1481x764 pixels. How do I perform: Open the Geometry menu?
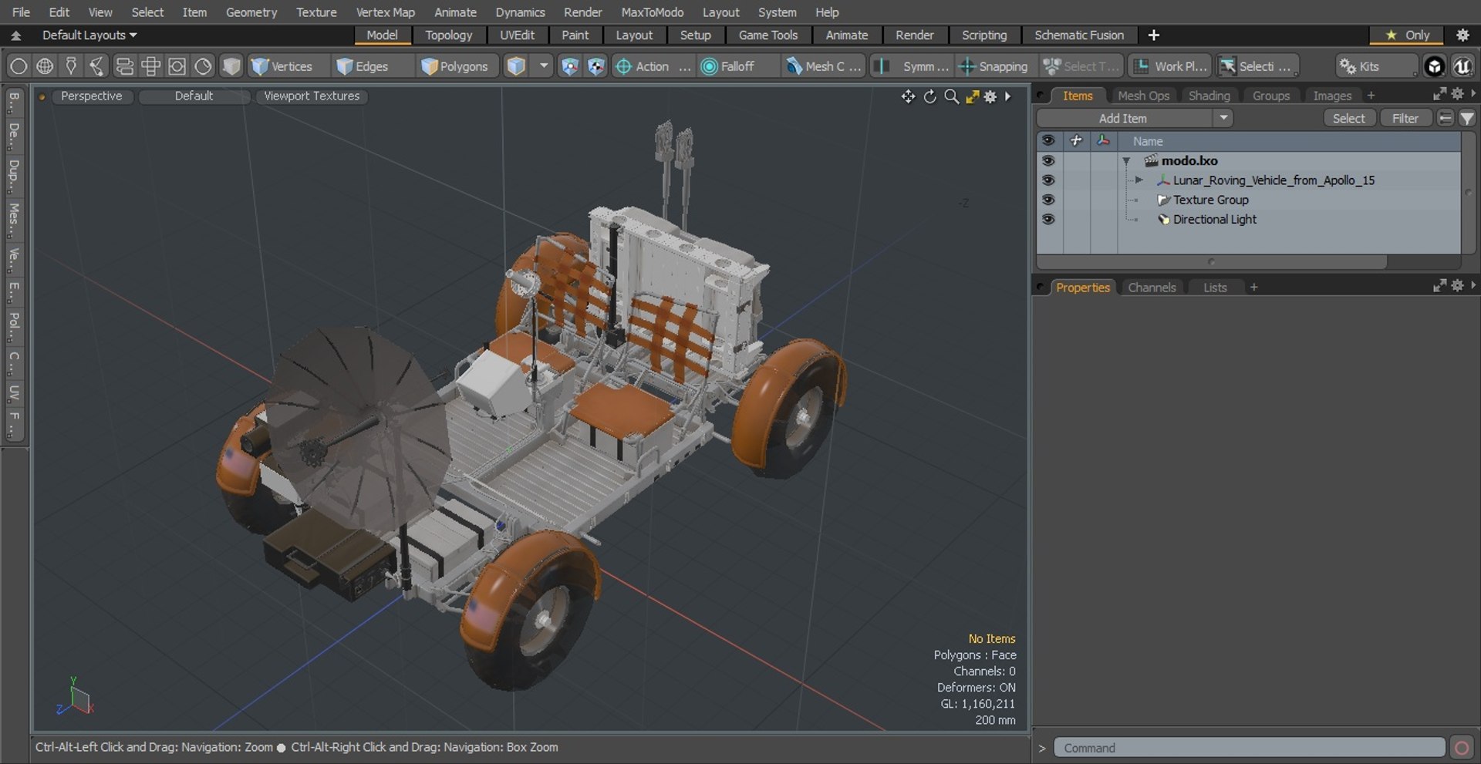[251, 12]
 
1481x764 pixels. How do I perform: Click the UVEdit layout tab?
[517, 35]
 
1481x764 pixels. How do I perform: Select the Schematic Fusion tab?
[1078, 35]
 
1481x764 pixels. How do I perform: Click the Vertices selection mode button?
[282, 66]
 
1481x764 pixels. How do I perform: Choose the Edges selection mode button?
[363, 66]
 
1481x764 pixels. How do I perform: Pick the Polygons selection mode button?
[455, 66]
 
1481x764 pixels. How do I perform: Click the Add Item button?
[1123, 119]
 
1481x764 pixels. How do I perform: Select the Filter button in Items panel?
[1405, 119]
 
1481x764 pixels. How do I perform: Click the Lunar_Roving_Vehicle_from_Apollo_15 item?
[1274, 180]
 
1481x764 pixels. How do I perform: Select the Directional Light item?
[1214, 220]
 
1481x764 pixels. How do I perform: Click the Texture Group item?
[1210, 200]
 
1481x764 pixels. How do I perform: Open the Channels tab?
[1152, 288]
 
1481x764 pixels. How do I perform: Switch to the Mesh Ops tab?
[1143, 96]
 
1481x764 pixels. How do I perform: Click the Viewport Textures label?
[312, 96]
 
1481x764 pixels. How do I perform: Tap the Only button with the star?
[1408, 35]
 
